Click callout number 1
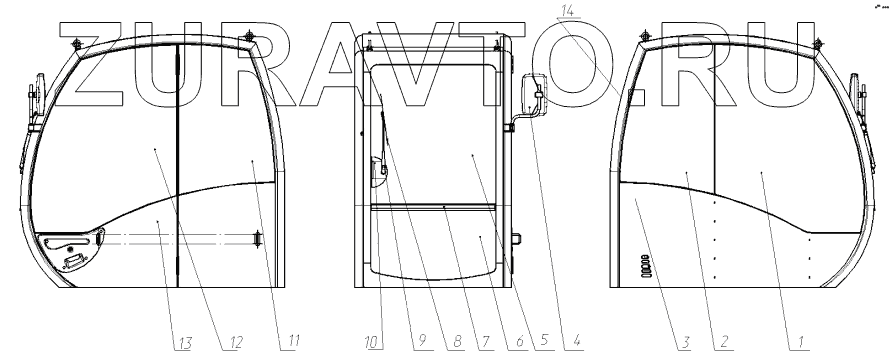coord(801,341)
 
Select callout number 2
coord(724,341)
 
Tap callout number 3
coord(685,341)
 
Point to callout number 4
coord(577,341)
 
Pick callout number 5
coord(544,341)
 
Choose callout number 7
coord(486,341)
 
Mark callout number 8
coord(457,341)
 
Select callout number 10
coord(372,342)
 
